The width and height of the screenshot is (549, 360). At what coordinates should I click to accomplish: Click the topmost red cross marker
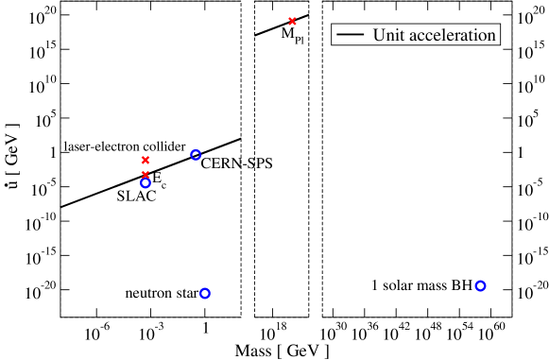point(292,21)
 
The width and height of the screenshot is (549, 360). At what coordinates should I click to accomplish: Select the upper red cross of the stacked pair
point(146,160)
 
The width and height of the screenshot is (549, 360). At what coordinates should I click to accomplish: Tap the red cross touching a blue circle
point(146,175)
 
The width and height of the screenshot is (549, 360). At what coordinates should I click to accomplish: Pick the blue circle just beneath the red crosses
point(146,183)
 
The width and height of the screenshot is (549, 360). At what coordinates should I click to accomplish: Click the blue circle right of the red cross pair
point(196,154)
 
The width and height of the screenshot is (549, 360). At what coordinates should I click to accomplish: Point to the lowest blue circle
point(205,293)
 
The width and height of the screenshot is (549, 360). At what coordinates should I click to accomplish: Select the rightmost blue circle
point(480,285)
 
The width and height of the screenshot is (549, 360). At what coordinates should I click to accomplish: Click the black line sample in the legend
point(351,35)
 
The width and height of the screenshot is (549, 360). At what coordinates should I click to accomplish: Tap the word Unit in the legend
point(388,35)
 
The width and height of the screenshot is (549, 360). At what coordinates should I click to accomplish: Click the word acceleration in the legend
point(452,35)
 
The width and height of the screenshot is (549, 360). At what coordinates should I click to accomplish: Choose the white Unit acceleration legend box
point(416,35)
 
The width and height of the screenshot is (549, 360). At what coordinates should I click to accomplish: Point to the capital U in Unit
point(379,35)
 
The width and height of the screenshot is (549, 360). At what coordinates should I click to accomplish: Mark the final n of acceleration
point(491,36)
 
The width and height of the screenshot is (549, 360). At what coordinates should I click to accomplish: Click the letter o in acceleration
point(481,36)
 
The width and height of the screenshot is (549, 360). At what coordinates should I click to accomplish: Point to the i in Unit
point(395,35)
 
